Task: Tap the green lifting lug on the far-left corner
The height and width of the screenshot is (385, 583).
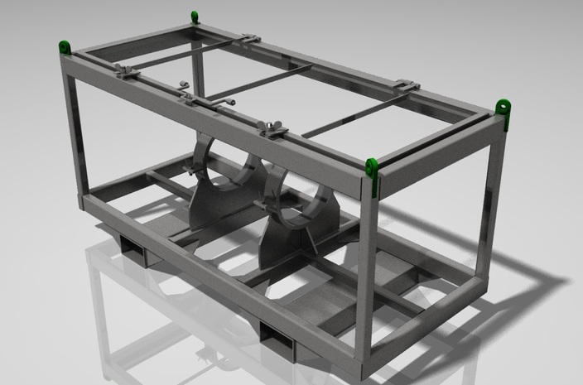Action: (64, 48)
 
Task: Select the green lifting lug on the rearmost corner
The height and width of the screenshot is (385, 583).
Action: (195, 16)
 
